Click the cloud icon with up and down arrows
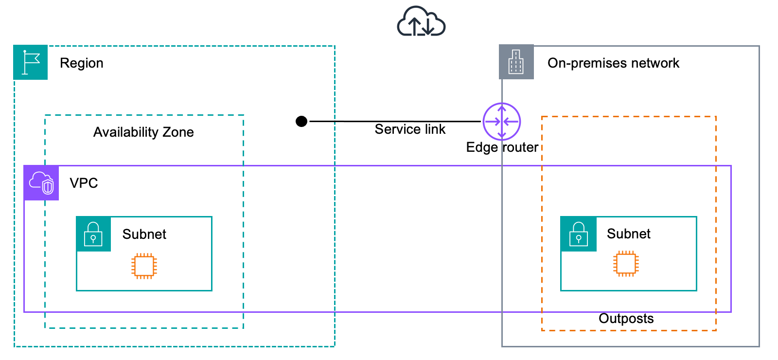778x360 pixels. pos(421,22)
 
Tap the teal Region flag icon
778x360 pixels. pos(31,62)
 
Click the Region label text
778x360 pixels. pos(82,63)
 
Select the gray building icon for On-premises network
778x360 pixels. pos(516,62)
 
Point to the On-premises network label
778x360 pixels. pos(613,63)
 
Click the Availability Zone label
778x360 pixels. pos(143,132)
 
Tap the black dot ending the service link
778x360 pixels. pos(301,121)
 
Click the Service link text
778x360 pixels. pos(410,129)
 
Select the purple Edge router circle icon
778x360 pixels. pos(502,122)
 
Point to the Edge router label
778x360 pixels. pos(502,147)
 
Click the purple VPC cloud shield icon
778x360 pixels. pos(41,183)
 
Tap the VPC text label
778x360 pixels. pos(84,183)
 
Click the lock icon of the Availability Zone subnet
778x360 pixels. pos(93,234)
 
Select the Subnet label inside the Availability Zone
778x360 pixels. pos(144,234)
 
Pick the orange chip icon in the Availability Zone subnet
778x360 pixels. pos(144,266)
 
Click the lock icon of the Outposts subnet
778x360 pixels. pos(579,234)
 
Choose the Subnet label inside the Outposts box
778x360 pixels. pos(628,234)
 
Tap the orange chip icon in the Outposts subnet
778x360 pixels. pos(626,264)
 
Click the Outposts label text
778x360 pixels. pos(626,319)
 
